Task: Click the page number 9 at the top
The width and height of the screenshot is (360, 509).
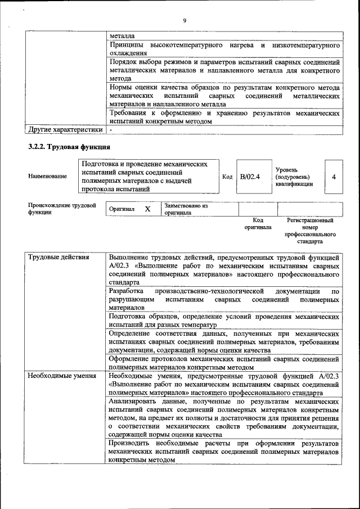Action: tap(184, 21)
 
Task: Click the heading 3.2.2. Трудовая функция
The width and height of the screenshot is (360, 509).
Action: tap(69, 147)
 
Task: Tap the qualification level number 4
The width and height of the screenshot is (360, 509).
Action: tap(334, 177)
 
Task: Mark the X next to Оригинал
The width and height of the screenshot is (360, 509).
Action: tap(147, 209)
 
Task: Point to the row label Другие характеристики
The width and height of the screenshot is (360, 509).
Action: tap(65, 130)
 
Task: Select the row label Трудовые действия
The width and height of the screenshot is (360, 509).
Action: tap(58, 258)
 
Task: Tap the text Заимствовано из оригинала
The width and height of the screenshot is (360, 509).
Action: tap(186, 209)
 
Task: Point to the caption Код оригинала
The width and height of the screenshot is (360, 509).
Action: tap(258, 224)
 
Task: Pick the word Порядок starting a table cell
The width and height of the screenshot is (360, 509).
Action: tap(124, 62)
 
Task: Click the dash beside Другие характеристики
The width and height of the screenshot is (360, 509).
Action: tap(111, 130)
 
